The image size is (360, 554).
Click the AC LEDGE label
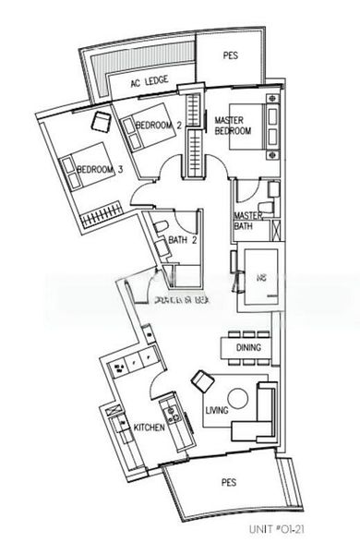tap(148, 83)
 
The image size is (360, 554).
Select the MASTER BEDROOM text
tap(233, 126)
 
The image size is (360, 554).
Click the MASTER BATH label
tap(248, 221)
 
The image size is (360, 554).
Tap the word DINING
tap(248, 348)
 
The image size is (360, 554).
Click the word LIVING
tap(217, 411)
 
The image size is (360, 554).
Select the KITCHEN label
tap(149, 428)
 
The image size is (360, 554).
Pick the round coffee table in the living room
tap(238, 399)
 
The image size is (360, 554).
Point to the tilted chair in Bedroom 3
tap(101, 119)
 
